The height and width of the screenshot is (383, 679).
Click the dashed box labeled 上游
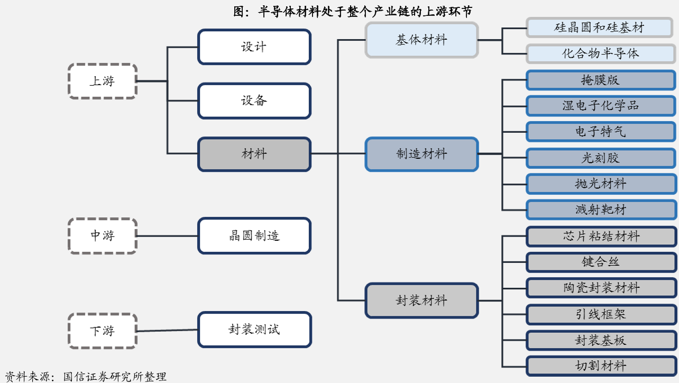click(x=103, y=81)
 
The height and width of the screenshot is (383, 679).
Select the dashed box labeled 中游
click(x=103, y=235)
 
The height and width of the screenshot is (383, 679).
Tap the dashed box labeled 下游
click(x=103, y=331)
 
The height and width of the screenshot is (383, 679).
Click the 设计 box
click(x=254, y=47)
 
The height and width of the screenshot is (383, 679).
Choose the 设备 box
click(x=254, y=101)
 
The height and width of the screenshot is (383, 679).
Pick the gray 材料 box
click(x=254, y=154)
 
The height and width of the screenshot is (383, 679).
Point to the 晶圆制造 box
click(x=254, y=235)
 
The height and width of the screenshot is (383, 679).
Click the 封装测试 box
click(x=254, y=330)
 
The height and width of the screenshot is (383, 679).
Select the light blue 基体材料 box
click(x=421, y=40)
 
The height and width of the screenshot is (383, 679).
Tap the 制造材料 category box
click(x=421, y=154)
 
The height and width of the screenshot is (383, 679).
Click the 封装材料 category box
click(x=421, y=300)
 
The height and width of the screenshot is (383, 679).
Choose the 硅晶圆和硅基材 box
click(x=600, y=28)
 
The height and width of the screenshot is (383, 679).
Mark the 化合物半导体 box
click(x=600, y=53)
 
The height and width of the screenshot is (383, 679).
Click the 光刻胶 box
click(x=600, y=158)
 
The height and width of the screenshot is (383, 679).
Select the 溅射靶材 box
click(x=600, y=209)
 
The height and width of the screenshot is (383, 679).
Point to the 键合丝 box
click(x=600, y=262)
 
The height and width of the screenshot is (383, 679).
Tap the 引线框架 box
click(x=600, y=314)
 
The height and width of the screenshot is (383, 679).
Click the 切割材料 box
click(x=600, y=366)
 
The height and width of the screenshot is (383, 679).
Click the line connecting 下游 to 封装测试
click(x=167, y=331)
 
